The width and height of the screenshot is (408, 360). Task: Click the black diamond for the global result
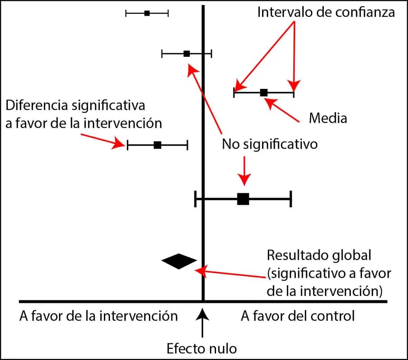[179, 261]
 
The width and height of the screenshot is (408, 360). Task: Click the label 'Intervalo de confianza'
[326, 12]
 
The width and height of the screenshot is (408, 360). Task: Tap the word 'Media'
[328, 118]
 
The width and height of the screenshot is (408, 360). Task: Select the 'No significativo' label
[270, 144]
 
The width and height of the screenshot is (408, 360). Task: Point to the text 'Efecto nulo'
[202, 348]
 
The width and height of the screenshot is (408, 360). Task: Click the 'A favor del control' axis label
[298, 316]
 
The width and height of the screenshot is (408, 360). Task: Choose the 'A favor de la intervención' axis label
[98, 316]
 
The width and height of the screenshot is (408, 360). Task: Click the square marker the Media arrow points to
[264, 92]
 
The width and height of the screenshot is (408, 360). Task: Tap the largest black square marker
[243, 199]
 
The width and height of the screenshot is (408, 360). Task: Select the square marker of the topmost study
[147, 13]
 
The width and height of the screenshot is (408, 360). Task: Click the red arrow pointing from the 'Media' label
[283, 110]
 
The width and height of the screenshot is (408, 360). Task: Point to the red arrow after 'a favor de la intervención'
[103, 140]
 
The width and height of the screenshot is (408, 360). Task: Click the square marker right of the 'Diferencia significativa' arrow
[157, 145]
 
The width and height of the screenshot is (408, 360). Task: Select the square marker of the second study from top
[187, 54]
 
